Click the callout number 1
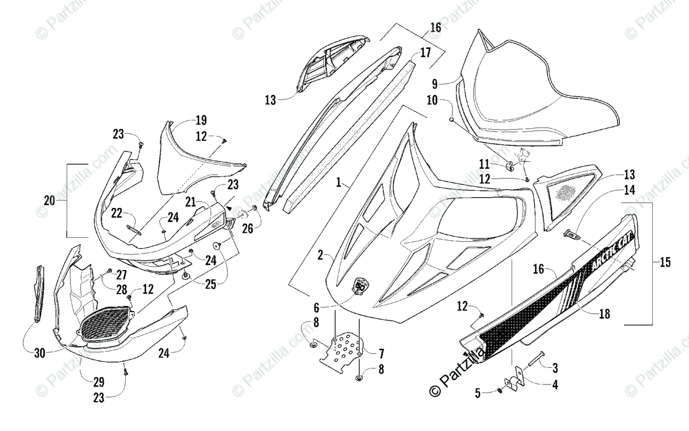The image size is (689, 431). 339,183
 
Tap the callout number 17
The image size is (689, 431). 425,53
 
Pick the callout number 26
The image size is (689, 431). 247,228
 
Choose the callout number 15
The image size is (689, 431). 665,263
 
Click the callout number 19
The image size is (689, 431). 200,121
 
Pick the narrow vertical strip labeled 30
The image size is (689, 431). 39,293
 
